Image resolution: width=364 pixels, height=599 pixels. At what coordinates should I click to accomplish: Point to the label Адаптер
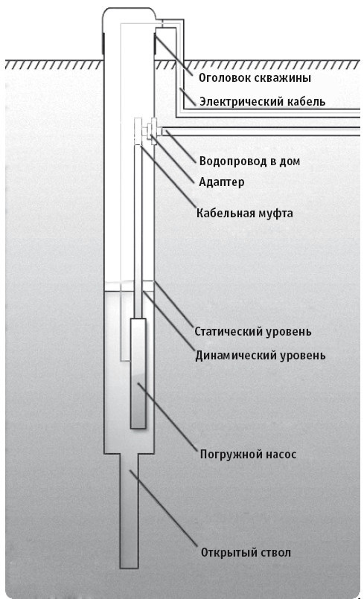coord(222,181)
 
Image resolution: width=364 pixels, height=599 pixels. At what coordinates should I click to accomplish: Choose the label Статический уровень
coord(252,330)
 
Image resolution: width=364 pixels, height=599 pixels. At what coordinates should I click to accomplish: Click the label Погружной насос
coord(248,453)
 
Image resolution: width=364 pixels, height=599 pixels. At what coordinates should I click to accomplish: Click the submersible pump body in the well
coord(138,372)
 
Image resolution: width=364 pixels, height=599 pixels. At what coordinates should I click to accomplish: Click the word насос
coord(279,453)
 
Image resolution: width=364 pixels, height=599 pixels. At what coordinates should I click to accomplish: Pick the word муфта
coord(276,213)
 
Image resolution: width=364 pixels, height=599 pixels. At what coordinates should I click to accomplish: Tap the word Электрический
coord(237,101)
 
